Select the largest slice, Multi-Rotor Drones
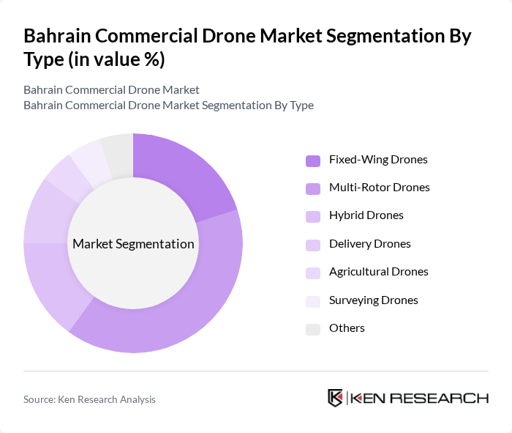[x=183, y=308]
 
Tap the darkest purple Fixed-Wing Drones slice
[x=183, y=176]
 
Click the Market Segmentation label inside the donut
[x=133, y=244]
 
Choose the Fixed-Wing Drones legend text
[x=378, y=160]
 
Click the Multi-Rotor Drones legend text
[x=379, y=188]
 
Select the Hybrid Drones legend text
[x=366, y=215]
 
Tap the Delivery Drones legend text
[x=369, y=244]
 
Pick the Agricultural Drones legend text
[x=378, y=272]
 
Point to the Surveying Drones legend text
[x=373, y=300]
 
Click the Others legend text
[x=347, y=328]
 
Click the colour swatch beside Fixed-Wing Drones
[x=313, y=160]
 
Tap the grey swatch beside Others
[x=313, y=329]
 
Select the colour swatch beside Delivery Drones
[x=313, y=245]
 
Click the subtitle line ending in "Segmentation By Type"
[x=168, y=105]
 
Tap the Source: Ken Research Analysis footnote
[x=89, y=399]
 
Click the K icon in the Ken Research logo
[x=335, y=398]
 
